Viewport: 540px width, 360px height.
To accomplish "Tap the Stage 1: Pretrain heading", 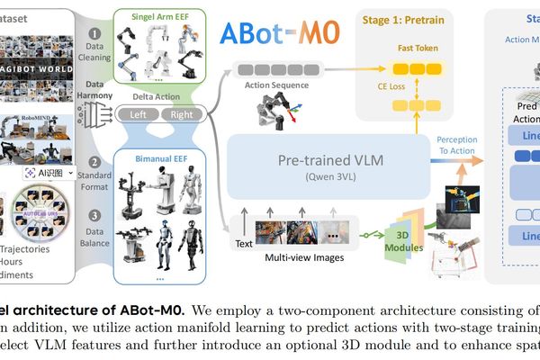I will [x=419, y=17].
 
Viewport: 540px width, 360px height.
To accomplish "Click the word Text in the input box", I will [x=242, y=242].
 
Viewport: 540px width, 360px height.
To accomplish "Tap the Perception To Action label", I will [x=457, y=146].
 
